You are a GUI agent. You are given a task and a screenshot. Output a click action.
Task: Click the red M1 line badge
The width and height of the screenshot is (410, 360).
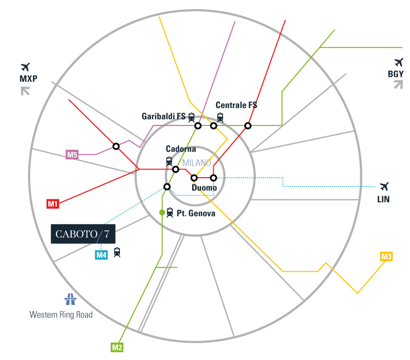[53, 204]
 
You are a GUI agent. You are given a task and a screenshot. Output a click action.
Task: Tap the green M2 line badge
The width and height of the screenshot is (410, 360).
[117, 347]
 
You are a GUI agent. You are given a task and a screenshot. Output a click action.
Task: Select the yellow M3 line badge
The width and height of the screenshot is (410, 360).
[386, 257]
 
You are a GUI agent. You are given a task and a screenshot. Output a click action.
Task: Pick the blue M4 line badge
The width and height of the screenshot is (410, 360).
[101, 255]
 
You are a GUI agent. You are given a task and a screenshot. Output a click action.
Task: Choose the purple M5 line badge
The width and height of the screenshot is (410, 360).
[72, 155]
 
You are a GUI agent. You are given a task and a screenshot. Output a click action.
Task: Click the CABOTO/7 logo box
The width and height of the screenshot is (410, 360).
[83, 234]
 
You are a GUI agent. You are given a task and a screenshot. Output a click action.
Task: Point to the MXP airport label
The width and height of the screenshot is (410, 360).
[29, 78]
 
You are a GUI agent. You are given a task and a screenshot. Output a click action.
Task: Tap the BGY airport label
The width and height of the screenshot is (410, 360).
[396, 74]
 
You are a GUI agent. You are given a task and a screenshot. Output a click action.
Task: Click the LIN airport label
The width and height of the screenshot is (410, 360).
[383, 199]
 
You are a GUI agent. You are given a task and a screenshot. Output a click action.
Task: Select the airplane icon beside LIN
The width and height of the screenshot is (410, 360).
[384, 186]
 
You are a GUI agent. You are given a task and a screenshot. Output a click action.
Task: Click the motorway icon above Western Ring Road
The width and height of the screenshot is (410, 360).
[70, 299]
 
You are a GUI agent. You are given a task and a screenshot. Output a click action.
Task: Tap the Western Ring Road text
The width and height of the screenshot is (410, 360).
[61, 314]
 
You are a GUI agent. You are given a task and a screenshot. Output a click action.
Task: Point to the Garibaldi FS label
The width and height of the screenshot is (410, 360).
[163, 116]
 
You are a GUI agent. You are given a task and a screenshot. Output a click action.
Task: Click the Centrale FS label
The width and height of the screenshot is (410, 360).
[236, 105]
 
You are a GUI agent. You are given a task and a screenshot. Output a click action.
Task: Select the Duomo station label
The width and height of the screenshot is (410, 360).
[204, 187]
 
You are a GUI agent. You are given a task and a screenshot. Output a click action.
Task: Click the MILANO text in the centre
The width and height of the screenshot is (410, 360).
[197, 163]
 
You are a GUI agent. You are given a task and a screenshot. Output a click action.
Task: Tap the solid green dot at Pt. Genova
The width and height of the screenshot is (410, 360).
[162, 213]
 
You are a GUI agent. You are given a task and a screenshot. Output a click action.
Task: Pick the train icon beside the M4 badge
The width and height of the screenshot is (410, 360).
[117, 252]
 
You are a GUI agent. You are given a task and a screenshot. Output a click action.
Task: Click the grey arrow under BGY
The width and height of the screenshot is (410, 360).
[399, 84]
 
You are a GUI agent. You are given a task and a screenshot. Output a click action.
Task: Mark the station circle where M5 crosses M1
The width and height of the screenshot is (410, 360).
[116, 146]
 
